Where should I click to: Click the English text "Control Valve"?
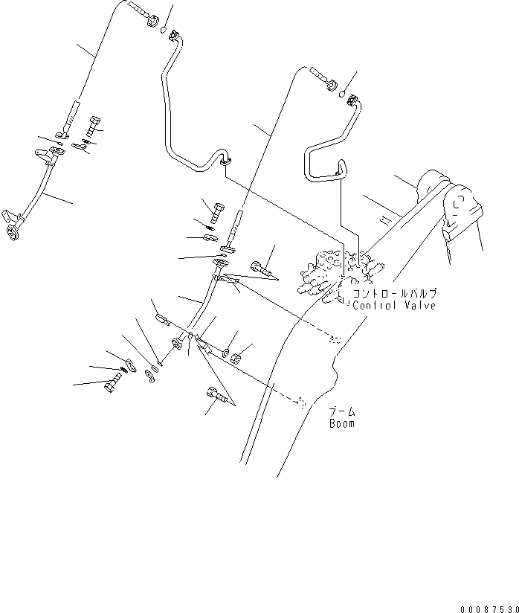point(394,305)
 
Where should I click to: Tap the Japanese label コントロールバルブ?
point(394,294)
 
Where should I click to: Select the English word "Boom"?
point(342,424)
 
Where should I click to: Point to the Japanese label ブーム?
point(342,411)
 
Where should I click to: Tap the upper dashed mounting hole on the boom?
point(335,341)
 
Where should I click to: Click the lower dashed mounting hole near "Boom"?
point(301,402)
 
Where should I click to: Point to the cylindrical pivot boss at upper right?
point(431,182)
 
